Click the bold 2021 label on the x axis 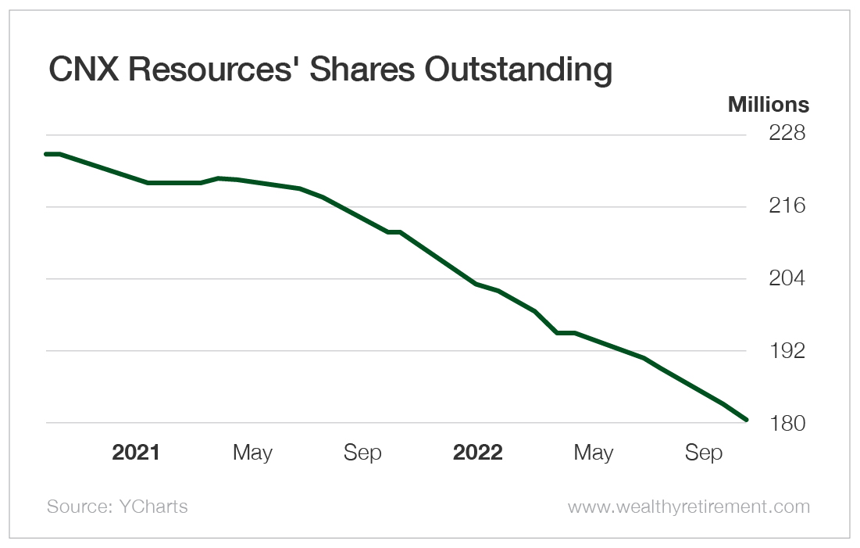[x=136, y=453]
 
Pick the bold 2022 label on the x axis [x=478, y=453]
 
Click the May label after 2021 [x=252, y=453]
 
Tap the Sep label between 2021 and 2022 [x=362, y=453]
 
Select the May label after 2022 [x=594, y=453]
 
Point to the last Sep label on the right [x=704, y=453]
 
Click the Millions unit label [x=769, y=105]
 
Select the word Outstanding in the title [x=519, y=70]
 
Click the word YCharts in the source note [x=154, y=507]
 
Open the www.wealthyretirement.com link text [x=689, y=507]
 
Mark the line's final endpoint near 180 [x=747, y=420]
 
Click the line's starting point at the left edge [x=46, y=154]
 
